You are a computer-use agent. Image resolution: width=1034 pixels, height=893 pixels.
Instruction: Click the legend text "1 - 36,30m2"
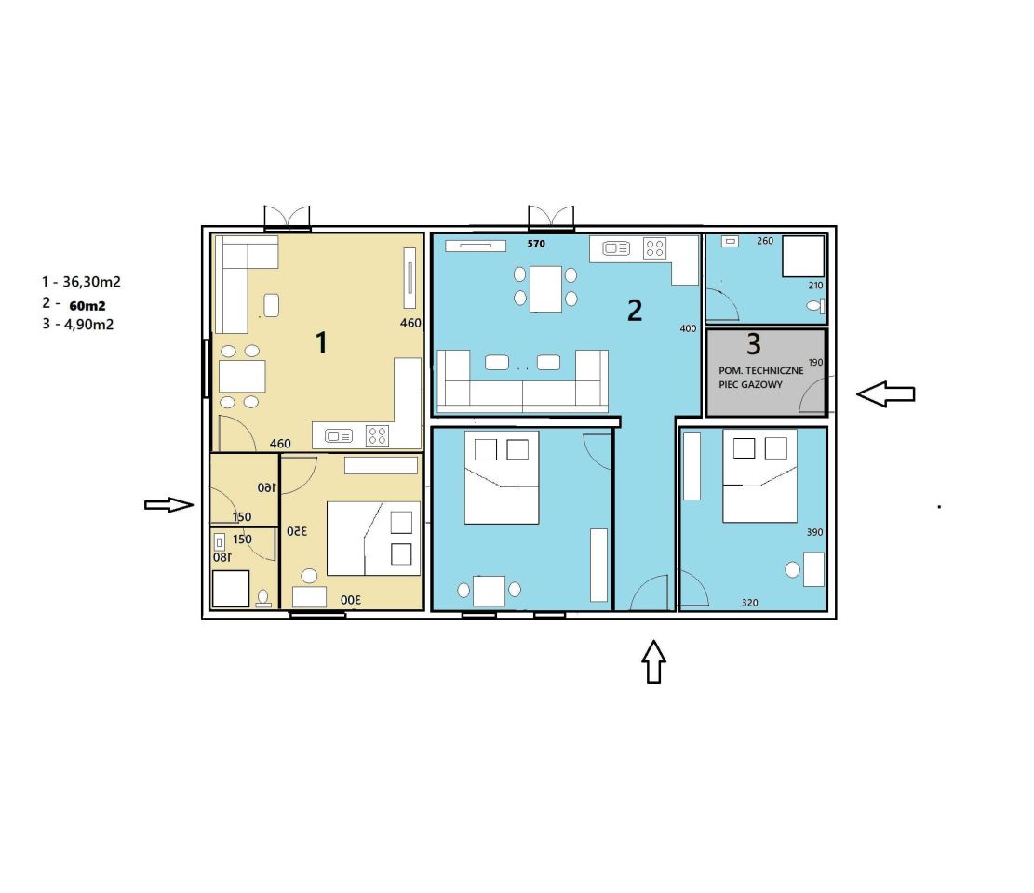(81, 282)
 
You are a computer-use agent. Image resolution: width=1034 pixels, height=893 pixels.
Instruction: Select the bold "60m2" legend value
(87, 306)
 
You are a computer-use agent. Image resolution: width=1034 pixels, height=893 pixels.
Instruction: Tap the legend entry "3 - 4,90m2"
(78, 325)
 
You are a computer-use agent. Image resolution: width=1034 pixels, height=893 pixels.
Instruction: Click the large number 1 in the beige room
(322, 342)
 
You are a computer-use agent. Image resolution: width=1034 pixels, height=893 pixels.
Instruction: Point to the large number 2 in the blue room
(635, 311)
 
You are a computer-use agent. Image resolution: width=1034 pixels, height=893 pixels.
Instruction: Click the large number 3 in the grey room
(754, 343)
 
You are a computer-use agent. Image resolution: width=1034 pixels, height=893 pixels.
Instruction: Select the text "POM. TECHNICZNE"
(761, 370)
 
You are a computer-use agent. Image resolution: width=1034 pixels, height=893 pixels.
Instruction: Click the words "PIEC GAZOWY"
(750, 384)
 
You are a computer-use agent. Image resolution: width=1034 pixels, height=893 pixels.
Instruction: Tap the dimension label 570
(536, 243)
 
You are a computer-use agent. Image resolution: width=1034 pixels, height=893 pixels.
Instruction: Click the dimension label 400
(688, 328)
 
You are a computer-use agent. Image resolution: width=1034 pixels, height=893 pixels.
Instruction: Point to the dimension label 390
(814, 532)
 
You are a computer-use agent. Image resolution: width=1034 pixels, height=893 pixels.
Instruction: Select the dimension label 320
(750, 603)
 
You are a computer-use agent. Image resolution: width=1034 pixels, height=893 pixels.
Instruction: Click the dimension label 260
(765, 241)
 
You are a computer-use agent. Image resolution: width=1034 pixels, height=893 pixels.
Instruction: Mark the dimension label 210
(815, 286)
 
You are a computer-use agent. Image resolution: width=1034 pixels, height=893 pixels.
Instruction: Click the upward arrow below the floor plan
(653, 661)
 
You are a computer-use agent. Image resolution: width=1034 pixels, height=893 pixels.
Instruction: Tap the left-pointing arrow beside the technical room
(886, 394)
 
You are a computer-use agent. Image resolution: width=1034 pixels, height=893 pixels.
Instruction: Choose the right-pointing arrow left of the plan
(168, 505)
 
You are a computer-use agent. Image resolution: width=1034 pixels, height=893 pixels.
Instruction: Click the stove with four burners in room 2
(655, 248)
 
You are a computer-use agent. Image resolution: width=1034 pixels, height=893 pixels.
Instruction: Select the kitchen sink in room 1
(338, 435)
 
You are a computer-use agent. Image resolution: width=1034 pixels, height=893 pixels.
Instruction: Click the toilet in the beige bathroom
(263, 598)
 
